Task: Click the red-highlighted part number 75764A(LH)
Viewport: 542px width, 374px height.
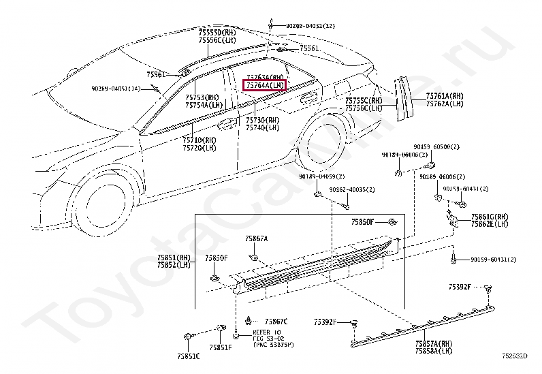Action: tap(266, 86)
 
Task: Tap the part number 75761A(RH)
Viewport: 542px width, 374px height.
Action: tap(445, 96)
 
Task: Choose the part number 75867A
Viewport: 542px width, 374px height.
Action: tap(257, 239)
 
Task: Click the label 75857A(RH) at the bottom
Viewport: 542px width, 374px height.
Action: tap(434, 344)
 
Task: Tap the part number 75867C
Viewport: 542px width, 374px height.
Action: tap(276, 321)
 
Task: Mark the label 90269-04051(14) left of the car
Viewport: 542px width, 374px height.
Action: tap(116, 89)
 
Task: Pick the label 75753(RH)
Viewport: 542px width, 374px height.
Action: tap(204, 97)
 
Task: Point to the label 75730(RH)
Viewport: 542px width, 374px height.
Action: tap(262, 120)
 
